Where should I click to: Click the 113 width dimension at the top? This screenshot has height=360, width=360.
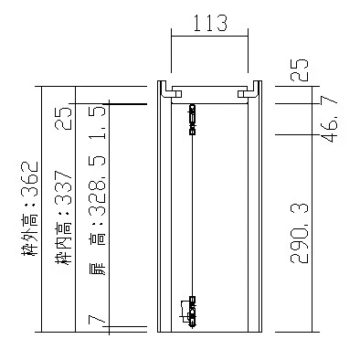210,23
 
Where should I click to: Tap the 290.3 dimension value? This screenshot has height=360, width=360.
300,233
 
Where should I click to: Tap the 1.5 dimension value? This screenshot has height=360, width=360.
98,122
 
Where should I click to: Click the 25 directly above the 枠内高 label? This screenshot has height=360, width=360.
63,118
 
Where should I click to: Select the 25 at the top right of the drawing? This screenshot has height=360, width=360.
300,69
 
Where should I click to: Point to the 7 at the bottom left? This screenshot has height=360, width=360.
97,321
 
